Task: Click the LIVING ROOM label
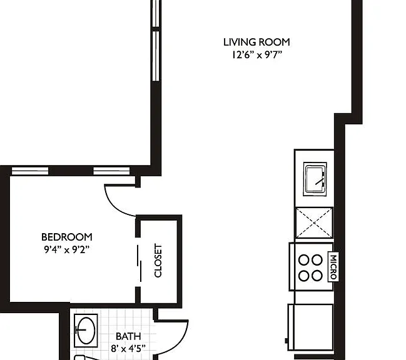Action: pos(256,42)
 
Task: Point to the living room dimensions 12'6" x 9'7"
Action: pos(256,55)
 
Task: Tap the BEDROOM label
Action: pos(67,237)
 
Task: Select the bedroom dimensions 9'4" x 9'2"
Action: pos(67,249)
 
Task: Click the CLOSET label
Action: pos(158,261)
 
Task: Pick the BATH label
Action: pos(128,336)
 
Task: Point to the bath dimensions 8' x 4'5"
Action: pos(128,349)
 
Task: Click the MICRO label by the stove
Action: pos(333,267)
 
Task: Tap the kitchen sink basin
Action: pos(315,179)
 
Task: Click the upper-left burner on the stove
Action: pos(304,260)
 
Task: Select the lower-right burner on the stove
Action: pos(317,276)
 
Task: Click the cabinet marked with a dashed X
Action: pos(314,222)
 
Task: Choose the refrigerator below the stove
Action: pos(311,327)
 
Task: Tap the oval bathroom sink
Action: pos(86,330)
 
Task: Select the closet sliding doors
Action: pos(140,263)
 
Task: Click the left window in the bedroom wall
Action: pos(30,171)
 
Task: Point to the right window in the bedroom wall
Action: pos(111,171)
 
